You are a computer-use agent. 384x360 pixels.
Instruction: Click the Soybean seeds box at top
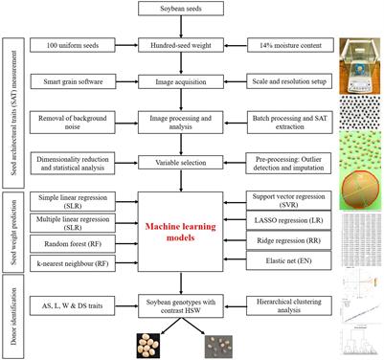click(194, 10)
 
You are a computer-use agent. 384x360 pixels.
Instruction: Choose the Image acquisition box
click(194, 82)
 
